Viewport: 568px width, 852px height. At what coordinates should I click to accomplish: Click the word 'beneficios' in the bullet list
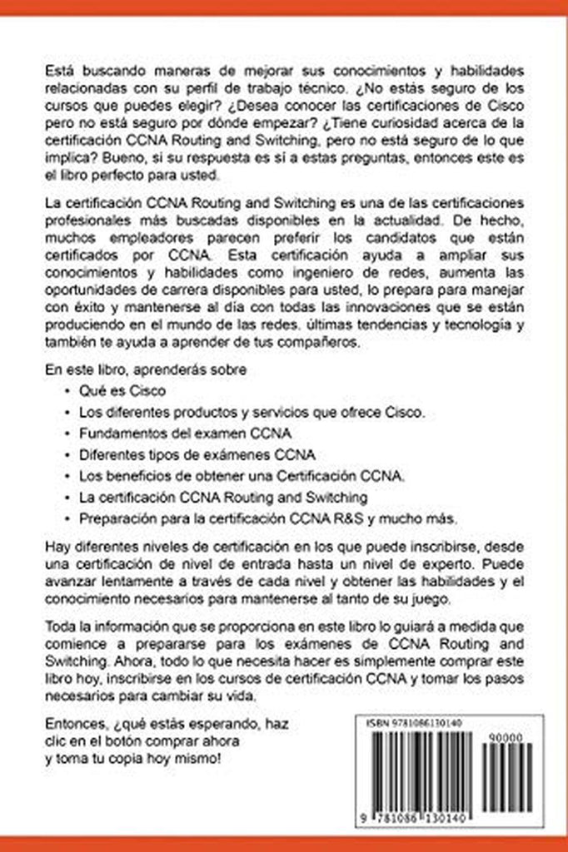(132, 477)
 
